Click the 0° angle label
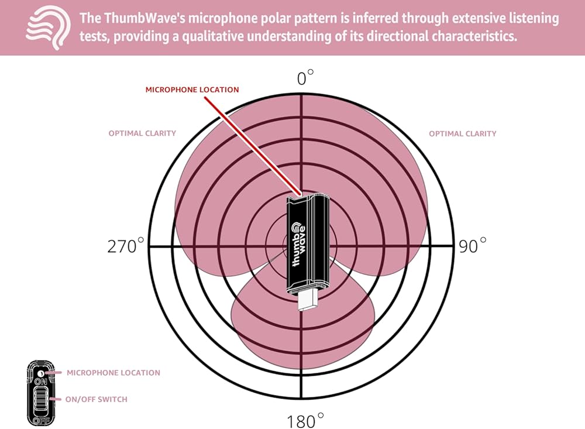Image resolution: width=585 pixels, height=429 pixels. point(305,78)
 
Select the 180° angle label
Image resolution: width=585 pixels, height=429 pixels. point(305,420)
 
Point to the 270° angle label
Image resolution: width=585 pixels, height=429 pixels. point(125,246)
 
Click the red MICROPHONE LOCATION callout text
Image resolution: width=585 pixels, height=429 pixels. point(192,90)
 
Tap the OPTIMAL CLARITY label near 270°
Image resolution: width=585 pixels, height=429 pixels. point(142,133)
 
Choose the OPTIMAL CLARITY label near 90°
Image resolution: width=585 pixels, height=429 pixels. point(462,133)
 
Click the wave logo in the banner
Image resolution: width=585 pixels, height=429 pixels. point(47,28)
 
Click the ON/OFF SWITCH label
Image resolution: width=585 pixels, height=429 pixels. point(96,399)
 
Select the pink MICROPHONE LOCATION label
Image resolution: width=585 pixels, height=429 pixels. point(113,372)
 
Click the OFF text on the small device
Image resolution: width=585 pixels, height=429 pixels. point(41,420)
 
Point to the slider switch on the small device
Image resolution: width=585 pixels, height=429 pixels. point(42,400)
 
